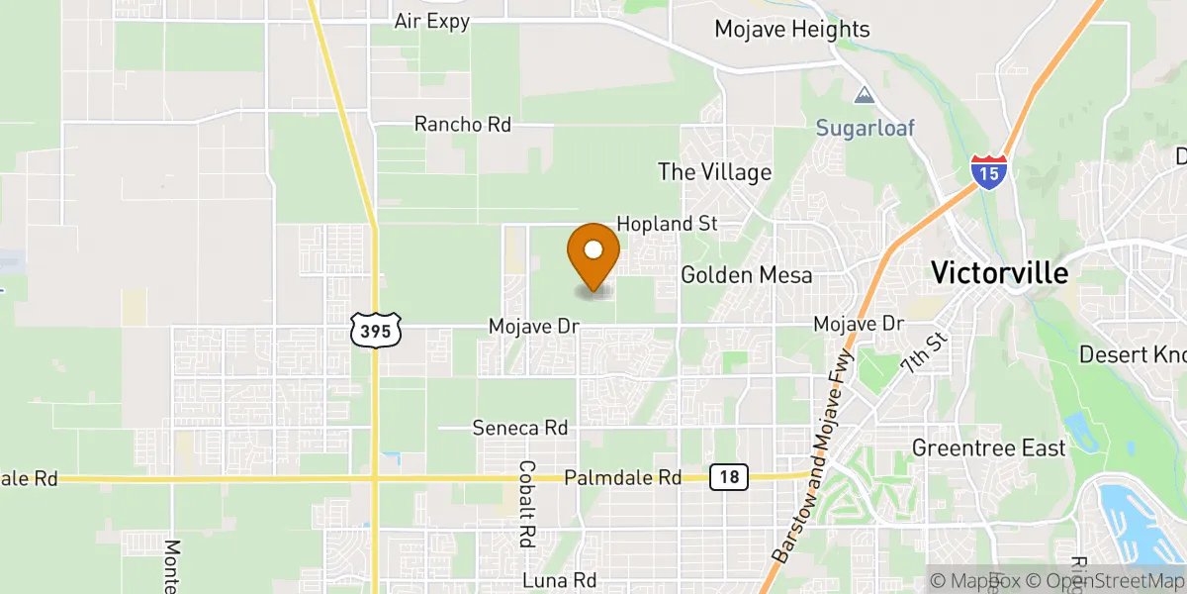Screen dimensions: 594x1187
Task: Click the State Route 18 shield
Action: (729, 478)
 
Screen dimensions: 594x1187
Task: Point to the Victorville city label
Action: (1000, 273)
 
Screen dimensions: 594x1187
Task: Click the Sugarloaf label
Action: (866, 128)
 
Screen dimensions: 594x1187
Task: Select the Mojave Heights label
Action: (792, 30)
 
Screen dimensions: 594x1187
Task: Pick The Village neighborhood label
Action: (715, 172)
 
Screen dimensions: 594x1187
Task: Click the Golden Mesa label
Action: (747, 275)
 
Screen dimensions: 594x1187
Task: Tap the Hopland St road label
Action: (667, 225)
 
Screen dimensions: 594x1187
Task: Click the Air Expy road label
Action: (431, 21)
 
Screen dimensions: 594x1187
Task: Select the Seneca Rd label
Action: (519, 428)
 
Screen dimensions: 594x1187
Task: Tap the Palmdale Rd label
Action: (622, 478)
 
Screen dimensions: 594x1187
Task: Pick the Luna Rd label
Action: (560, 580)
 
